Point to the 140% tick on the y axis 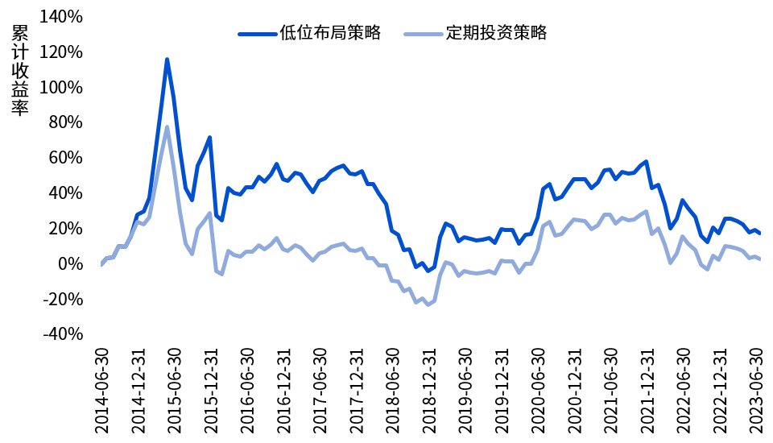[x=62, y=16]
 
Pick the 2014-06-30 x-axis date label [x=102, y=391]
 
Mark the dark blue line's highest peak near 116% [x=167, y=59]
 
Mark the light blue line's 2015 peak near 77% [x=167, y=127]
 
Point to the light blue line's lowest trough [x=428, y=304]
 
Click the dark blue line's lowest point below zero [x=428, y=271]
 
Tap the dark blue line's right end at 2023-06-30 [x=759, y=234]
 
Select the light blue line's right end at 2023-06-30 [x=759, y=259]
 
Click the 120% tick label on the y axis [x=62, y=52]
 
